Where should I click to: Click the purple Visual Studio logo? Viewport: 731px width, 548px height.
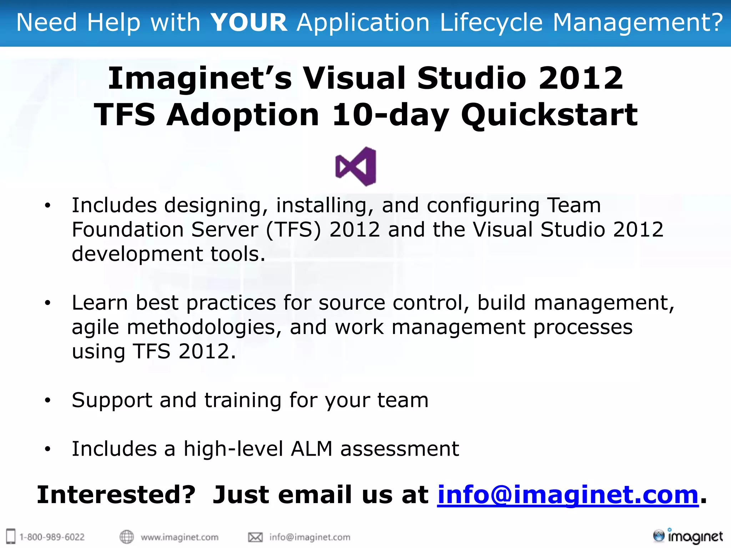(356, 166)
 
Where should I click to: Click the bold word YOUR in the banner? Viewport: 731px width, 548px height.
(249, 22)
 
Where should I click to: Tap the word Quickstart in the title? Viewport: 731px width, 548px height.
(549, 115)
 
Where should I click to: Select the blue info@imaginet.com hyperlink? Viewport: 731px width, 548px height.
(568, 495)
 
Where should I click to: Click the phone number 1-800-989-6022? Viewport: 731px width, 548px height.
(52, 537)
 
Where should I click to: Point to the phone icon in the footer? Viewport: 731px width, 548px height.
(11, 536)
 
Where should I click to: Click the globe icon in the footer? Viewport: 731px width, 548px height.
(126, 537)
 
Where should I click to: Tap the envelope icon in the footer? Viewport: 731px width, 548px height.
(255, 537)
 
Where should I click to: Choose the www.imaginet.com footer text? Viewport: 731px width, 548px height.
(180, 537)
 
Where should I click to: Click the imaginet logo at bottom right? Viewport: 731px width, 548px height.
(688, 536)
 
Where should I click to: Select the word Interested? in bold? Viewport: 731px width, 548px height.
(116, 495)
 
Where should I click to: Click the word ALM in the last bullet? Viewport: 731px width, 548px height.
(312, 449)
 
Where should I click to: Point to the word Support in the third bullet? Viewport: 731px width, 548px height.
(112, 400)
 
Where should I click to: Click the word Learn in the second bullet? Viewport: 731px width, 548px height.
(100, 303)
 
